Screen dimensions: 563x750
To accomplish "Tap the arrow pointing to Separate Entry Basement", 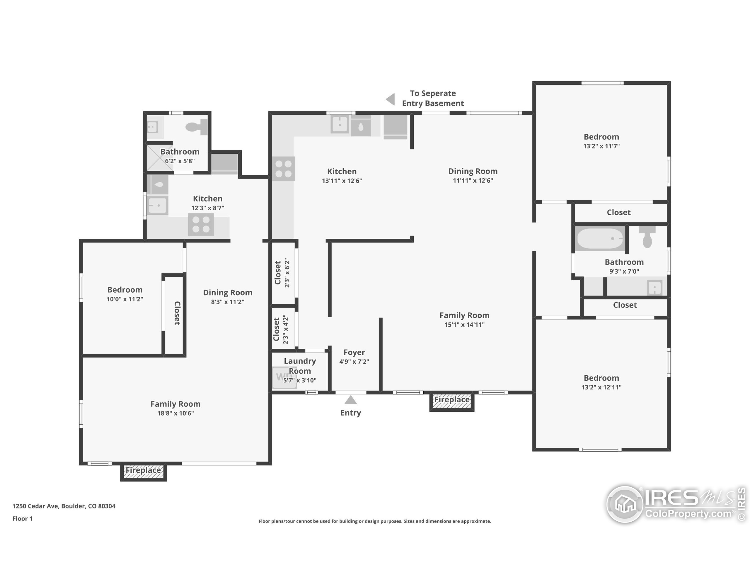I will click(x=391, y=99).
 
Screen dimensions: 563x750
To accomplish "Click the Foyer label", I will click(x=354, y=352).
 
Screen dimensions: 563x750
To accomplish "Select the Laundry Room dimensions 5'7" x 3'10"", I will click(x=300, y=380).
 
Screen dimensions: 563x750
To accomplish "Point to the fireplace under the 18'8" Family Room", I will click(x=143, y=472).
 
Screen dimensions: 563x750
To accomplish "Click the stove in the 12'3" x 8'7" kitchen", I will click(x=201, y=225).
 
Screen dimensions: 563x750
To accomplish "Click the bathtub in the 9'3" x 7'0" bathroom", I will click(x=600, y=239).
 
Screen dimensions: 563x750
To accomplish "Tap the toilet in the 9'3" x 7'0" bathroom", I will click(x=647, y=238).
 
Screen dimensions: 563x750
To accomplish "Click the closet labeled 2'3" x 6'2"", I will click(x=282, y=273).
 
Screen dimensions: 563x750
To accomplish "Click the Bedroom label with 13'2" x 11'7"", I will click(x=601, y=137).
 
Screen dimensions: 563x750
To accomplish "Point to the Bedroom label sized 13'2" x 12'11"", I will click(x=601, y=378).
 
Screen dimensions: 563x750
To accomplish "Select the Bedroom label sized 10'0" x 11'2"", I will click(x=125, y=289).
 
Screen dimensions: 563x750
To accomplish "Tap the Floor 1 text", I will click(x=22, y=518).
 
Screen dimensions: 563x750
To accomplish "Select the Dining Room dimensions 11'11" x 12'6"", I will click(x=473, y=181).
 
